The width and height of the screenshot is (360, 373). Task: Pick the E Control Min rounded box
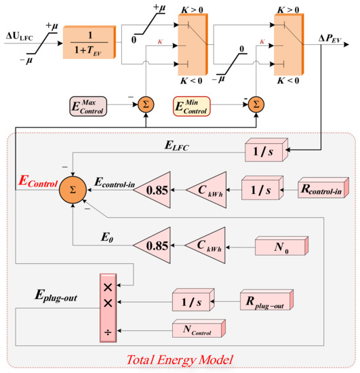coord(192,105)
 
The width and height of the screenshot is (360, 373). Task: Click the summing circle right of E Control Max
coord(144,104)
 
